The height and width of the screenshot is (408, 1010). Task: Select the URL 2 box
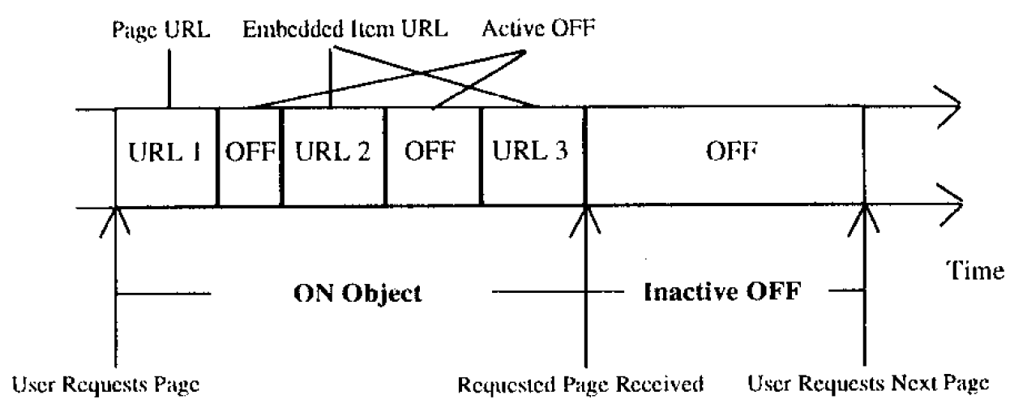pyautogui.click(x=333, y=155)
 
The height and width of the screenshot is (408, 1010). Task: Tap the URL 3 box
pyautogui.click(x=533, y=155)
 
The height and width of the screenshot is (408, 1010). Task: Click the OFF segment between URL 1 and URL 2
pyautogui.click(x=249, y=155)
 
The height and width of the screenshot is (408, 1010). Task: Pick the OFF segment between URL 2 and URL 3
pyautogui.click(x=432, y=155)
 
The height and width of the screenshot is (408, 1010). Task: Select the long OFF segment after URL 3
pyautogui.click(x=725, y=155)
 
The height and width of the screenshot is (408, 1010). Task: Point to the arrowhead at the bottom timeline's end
pyautogui.click(x=951, y=208)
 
